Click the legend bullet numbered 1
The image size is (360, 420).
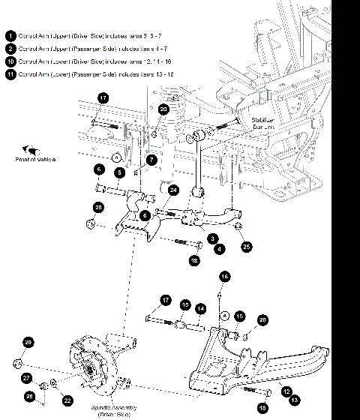(10, 35)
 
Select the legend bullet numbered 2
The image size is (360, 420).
(10, 48)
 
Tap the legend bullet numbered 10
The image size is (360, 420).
(10, 61)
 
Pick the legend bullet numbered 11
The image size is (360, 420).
(10, 73)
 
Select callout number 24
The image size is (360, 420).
(173, 190)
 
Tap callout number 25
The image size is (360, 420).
(244, 245)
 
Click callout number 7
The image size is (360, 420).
(151, 160)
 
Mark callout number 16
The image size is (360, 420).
(223, 277)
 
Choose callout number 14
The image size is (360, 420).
(200, 308)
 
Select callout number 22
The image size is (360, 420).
(67, 400)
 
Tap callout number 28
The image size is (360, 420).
(29, 395)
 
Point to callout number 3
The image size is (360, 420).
(193, 237)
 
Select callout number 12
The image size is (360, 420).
(285, 390)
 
